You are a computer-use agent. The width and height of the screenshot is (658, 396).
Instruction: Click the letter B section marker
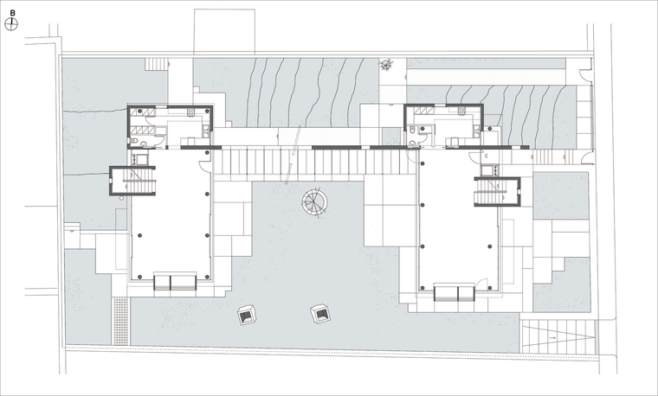(13, 14)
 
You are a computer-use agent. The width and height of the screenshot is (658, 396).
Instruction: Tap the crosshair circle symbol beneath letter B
(11, 24)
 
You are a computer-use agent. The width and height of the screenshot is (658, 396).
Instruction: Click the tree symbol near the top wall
(386, 65)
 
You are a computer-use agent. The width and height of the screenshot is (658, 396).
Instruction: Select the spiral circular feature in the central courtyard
(314, 202)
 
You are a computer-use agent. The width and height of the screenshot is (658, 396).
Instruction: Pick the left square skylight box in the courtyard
(247, 315)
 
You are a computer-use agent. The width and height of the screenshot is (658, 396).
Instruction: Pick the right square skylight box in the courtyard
(320, 314)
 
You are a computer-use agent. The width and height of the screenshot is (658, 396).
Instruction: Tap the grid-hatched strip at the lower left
(121, 321)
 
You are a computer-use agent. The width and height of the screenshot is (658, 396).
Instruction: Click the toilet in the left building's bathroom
(133, 141)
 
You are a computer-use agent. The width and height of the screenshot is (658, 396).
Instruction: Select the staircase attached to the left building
(139, 181)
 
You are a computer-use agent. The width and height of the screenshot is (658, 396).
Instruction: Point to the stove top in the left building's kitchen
(191, 112)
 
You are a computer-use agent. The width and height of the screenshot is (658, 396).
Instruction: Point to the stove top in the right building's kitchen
(461, 111)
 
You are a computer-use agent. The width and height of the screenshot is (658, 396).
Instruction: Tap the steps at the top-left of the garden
(156, 64)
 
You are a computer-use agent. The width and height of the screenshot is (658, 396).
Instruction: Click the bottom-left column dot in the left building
(139, 277)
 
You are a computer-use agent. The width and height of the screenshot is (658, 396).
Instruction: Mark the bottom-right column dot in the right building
(490, 288)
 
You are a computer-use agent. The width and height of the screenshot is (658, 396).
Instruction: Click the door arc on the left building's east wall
(205, 166)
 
